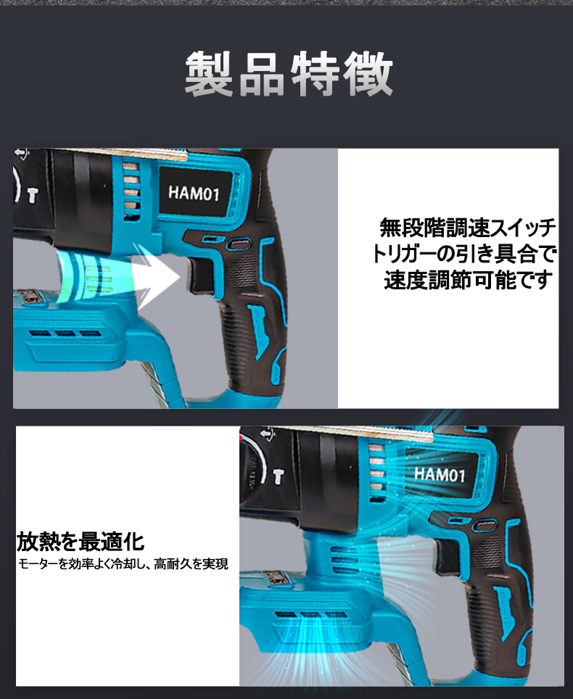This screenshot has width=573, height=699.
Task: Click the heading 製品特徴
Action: pos(288,74)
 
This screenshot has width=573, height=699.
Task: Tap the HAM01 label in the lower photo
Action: pos(439,474)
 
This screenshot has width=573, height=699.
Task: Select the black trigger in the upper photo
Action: pos(199,278)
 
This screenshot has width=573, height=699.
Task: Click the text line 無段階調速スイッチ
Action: pos(468,228)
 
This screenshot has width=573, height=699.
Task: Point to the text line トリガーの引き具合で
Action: pos(463,254)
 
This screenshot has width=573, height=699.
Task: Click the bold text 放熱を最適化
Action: pos(81,541)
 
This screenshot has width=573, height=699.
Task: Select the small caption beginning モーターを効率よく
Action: pos(123,563)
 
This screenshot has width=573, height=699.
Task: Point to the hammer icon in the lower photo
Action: pos(278,475)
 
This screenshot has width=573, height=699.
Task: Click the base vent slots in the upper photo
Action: pos(65,334)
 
